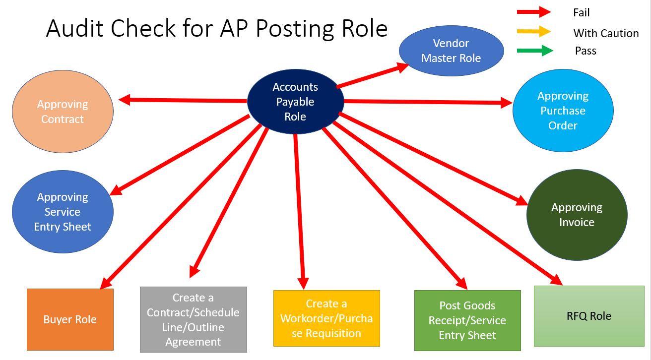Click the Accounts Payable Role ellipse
tap(295, 102)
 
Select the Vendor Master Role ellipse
tap(451, 51)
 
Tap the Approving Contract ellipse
tap(63, 112)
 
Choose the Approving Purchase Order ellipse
tap(563, 111)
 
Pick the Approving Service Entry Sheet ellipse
tap(63, 212)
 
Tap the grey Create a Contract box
tap(194, 319)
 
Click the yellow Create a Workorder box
tap(326, 318)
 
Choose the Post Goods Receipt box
tap(467, 320)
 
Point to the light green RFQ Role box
tap(588, 316)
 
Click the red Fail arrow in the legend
tap(534, 12)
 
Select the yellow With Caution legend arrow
tap(534, 31)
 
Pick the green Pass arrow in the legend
tap(535, 50)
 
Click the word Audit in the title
tap(75, 29)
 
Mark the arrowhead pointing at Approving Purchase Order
tap(507, 103)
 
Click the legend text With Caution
tap(606, 33)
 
